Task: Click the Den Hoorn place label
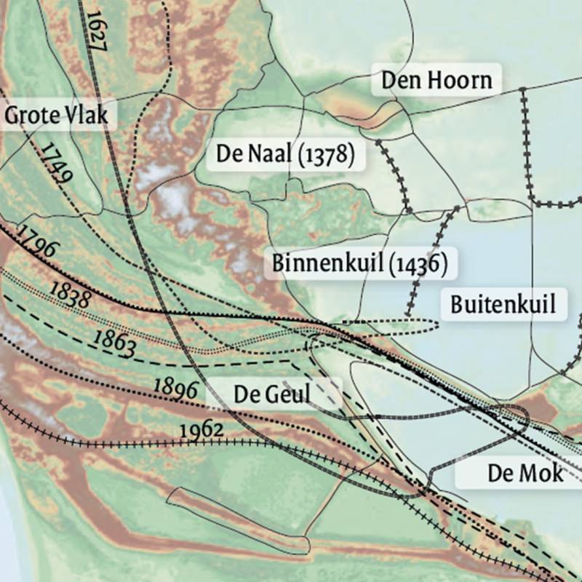[x=436, y=80]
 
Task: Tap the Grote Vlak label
[x=56, y=115]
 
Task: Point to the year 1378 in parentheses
[x=325, y=155]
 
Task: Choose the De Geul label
[x=272, y=394]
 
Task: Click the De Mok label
[x=525, y=474]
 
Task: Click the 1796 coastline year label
[x=36, y=241]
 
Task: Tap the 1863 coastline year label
[x=115, y=343]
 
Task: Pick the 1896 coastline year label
[x=175, y=388]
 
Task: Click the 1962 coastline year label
[x=201, y=430]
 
